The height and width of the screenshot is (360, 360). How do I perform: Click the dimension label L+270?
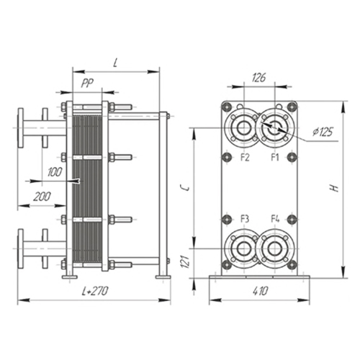tap(95, 291)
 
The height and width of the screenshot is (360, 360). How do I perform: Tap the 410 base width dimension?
tap(260, 291)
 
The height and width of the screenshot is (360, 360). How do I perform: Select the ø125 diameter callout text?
tap(323, 132)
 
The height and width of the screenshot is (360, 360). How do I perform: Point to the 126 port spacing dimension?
tap(258, 78)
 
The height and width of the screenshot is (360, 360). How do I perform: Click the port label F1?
tap(275, 158)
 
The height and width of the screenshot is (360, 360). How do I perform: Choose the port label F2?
tap(245, 158)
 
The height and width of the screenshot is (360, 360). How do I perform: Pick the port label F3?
tap(245, 219)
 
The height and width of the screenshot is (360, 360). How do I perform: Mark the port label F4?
tap(275, 219)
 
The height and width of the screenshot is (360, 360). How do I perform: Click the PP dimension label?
tap(87, 83)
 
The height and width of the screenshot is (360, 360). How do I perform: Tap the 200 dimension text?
tap(42, 197)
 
